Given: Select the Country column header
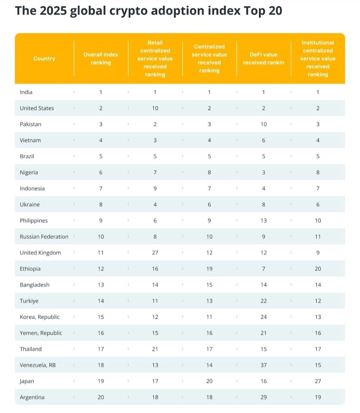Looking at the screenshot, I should point(44,58).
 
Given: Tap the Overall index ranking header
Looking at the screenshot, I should point(101,58).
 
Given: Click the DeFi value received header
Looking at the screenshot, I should point(264,58).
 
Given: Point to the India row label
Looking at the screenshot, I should point(26,92).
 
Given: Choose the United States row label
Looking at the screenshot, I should point(37,108).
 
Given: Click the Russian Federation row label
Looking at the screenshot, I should point(44,236).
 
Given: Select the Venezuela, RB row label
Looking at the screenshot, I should point(38,365).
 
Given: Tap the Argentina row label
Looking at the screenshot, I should point(32,397).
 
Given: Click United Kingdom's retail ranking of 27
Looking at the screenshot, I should point(155,252).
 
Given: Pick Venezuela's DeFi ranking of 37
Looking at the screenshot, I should point(264,365).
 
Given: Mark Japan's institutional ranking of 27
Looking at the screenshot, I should point(318,381).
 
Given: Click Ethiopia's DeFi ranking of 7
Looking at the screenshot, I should point(264,269).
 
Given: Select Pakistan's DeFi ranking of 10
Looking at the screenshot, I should point(264,124).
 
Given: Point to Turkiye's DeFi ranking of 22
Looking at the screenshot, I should point(264,301).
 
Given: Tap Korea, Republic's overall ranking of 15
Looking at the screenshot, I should point(101,317).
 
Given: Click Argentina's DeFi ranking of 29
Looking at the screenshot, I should point(264,397).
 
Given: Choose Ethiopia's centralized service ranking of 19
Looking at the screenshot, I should point(209,269).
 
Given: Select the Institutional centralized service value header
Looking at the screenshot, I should point(318,58).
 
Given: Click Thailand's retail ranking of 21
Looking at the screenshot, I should point(155,349).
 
